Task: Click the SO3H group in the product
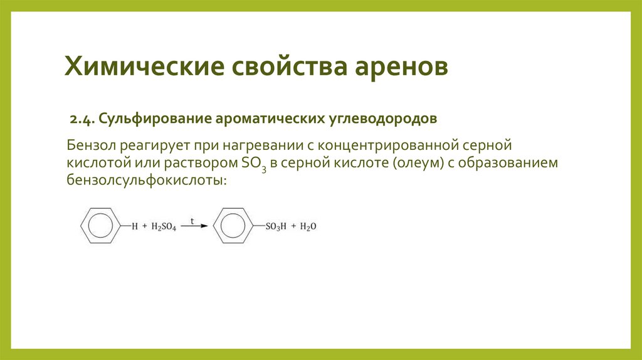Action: click(275, 227)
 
